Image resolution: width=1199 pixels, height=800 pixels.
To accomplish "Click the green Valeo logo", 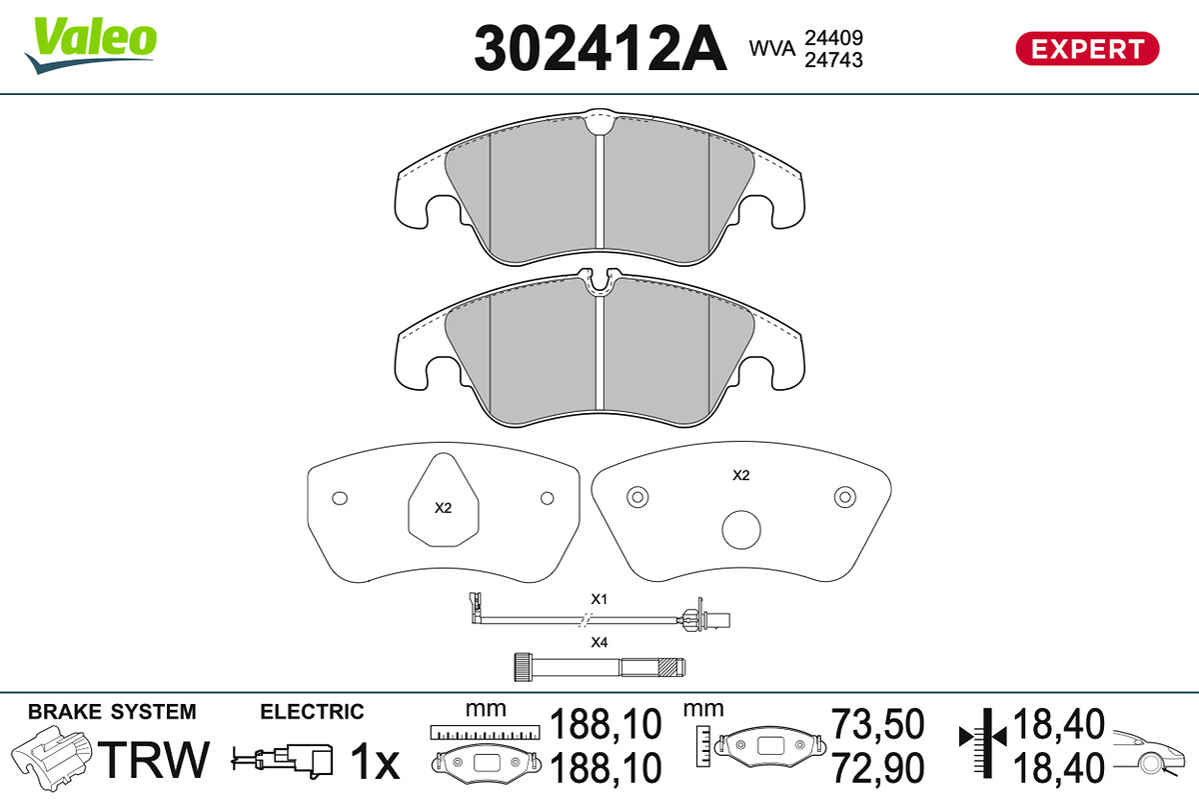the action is (91, 44).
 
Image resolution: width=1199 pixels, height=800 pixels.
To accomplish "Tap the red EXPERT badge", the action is (1087, 49).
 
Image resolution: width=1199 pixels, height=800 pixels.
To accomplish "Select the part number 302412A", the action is (600, 48).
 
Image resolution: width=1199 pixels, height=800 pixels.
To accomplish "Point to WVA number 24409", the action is (833, 38).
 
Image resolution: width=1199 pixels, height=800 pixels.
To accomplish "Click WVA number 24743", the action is (833, 60).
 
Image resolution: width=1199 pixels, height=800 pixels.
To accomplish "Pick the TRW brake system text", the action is (154, 759).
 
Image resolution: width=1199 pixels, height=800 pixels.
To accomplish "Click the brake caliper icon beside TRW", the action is (52, 758).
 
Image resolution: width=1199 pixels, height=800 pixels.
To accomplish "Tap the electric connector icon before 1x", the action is (282, 759).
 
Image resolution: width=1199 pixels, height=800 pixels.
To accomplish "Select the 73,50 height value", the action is (877, 724).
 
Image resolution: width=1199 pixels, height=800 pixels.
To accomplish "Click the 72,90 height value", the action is (877, 768).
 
